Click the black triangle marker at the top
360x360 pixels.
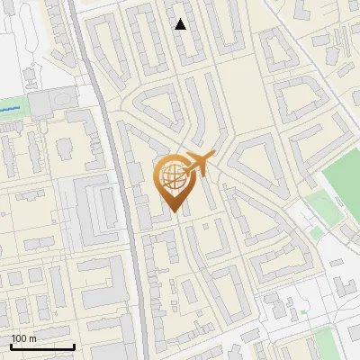click(181, 24)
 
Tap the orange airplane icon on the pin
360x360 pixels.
click(198, 165)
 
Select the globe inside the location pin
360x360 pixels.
click(172, 176)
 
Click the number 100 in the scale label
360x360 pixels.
click(19, 338)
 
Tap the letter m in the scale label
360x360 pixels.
click(32, 338)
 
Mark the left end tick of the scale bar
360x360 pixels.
click(10, 346)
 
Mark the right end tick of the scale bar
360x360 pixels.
click(74, 346)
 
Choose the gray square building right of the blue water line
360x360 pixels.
click(42, 105)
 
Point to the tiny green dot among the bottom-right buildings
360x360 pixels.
click(304, 310)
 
